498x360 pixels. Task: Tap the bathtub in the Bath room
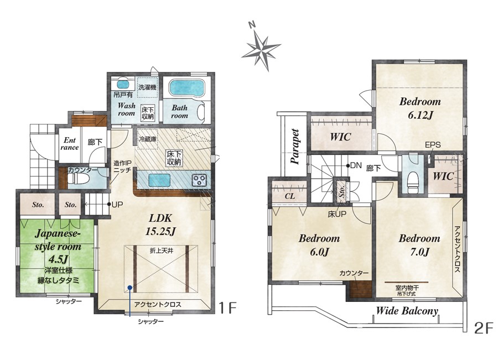click(186, 87)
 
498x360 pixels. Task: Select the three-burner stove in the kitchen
click(199, 181)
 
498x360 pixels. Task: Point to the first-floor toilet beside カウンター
click(73, 179)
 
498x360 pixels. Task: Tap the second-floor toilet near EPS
click(413, 182)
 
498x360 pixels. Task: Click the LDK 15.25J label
click(160, 225)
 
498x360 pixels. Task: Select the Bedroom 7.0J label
click(419, 245)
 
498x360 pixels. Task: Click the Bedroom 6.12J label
click(420, 108)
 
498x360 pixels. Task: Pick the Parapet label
click(295, 147)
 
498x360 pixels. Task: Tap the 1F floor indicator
click(227, 307)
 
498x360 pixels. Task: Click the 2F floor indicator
click(484, 328)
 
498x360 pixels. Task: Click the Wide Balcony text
click(407, 311)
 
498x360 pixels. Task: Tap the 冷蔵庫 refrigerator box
click(148, 139)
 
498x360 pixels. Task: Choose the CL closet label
click(289, 196)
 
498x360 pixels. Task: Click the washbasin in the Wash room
click(122, 85)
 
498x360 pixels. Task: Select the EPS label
click(433, 145)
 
